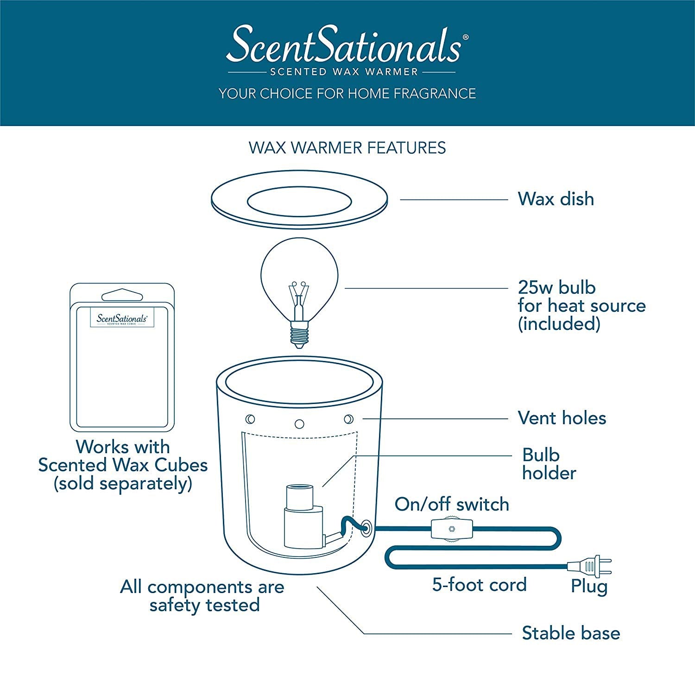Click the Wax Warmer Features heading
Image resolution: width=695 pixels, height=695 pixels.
(347, 148)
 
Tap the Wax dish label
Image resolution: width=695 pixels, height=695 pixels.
(556, 199)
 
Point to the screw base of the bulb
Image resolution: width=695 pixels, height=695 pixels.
(299, 334)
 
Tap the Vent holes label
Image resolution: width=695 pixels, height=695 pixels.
(562, 418)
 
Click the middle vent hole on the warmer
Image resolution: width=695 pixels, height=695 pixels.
(299, 424)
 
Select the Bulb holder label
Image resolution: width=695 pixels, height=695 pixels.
(549, 464)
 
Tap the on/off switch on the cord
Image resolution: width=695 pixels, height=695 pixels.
(449, 529)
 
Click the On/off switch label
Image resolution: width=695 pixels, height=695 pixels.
(452, 504)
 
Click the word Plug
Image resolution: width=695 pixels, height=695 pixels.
(589, 586)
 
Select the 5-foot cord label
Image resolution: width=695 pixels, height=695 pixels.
(479, 585)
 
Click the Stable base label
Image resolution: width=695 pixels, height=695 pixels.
(570, 633)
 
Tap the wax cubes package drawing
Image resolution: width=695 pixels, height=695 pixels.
(122, 358)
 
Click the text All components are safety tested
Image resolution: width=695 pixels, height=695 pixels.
(202, 596)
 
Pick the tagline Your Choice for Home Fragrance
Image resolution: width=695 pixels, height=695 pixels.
(347, 94)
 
